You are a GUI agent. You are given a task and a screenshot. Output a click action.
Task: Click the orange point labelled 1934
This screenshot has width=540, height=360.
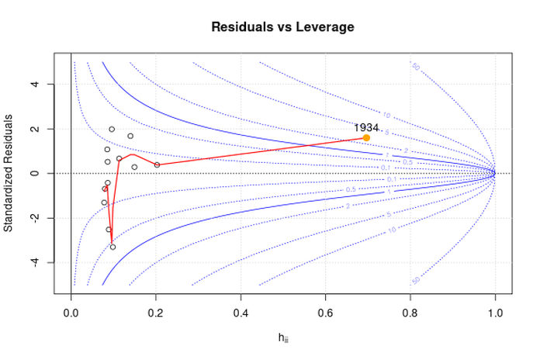tap(366, 137)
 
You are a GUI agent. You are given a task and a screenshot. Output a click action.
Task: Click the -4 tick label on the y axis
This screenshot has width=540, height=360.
tap(36, 262)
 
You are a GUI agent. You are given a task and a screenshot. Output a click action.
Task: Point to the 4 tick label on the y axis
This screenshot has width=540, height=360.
tap(36, 84)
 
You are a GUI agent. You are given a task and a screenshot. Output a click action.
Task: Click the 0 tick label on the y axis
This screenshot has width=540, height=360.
tap(36, 173)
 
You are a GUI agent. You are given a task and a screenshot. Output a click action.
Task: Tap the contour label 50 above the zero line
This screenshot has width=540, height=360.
tap(415, 67)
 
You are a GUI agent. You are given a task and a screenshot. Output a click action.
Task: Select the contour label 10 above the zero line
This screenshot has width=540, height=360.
tap(386, 116)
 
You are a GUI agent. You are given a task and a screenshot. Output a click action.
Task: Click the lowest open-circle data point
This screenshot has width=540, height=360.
tap(112, 247)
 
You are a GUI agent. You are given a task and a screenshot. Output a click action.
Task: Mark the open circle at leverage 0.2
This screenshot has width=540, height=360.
tap(157, 164)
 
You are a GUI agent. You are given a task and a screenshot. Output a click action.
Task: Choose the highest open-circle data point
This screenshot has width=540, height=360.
tap(112, 130)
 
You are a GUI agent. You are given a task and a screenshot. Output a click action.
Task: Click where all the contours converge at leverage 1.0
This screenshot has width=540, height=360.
tap(494, 173)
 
